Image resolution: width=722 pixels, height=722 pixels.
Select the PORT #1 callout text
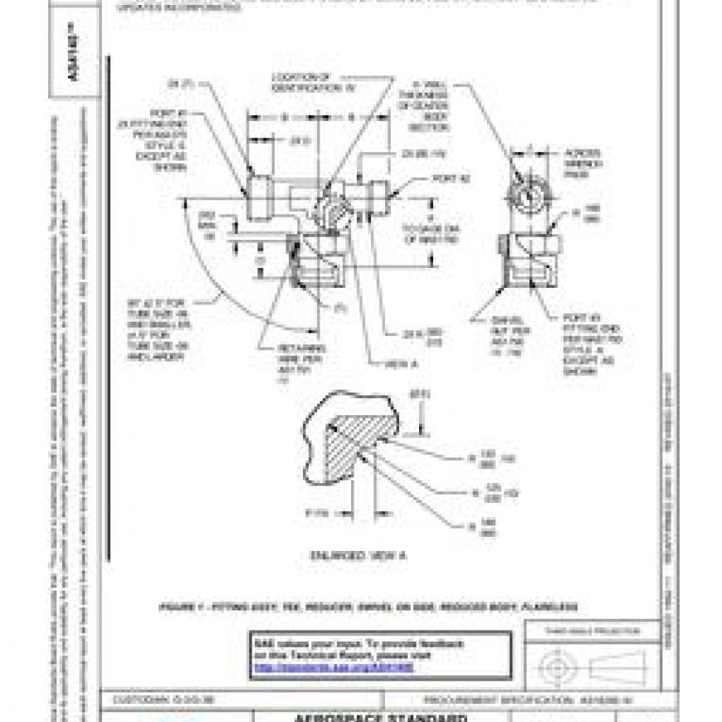[167, 138]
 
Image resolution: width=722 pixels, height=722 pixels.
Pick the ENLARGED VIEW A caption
[359, 554]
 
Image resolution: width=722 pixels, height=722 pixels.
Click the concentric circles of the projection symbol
[554, 666]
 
